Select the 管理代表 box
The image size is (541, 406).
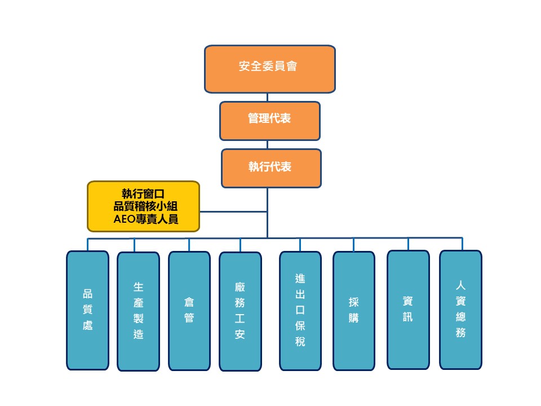coord(269,121)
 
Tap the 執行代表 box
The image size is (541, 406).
coord(270,168)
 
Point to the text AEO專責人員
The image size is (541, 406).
coord(146,219)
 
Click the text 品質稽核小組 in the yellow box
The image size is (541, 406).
coord(146,206)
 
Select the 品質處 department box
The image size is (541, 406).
coord(87,310)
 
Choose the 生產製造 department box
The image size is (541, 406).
coord(138,311)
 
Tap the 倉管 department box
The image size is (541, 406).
coord(189,311)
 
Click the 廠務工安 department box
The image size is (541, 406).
coord(240,311)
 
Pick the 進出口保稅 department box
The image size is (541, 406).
coord(300,311)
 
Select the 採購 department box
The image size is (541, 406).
coord(353,311)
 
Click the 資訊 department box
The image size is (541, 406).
coord(407,310)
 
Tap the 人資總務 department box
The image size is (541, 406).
coord(460,310)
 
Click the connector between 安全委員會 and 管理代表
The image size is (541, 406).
coord(268,97)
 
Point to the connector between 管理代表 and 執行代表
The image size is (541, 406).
coord(268,145)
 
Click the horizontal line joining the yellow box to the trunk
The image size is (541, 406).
coord(233,212)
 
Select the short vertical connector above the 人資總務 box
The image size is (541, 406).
coord(463,244)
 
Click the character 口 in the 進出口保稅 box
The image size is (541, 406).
coord(300,310)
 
